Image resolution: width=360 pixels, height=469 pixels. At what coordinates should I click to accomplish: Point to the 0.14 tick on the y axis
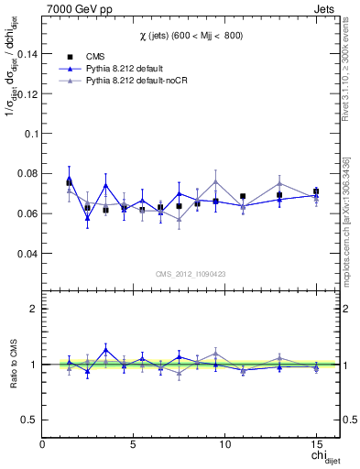pos(26,53)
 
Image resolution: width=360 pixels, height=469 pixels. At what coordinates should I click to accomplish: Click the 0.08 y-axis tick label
pos(26,173)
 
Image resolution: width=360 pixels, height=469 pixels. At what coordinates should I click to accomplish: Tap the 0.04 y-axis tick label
pos(26,253)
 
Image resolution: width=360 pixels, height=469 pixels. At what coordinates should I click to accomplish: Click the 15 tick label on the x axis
pos(315,444)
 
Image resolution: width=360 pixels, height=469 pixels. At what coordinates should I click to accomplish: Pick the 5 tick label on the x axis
pos(135,444)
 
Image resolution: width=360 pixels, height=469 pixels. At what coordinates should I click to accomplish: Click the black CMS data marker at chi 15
pos(316,191)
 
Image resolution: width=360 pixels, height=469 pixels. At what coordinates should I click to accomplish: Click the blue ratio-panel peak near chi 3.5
pos(105,349)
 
